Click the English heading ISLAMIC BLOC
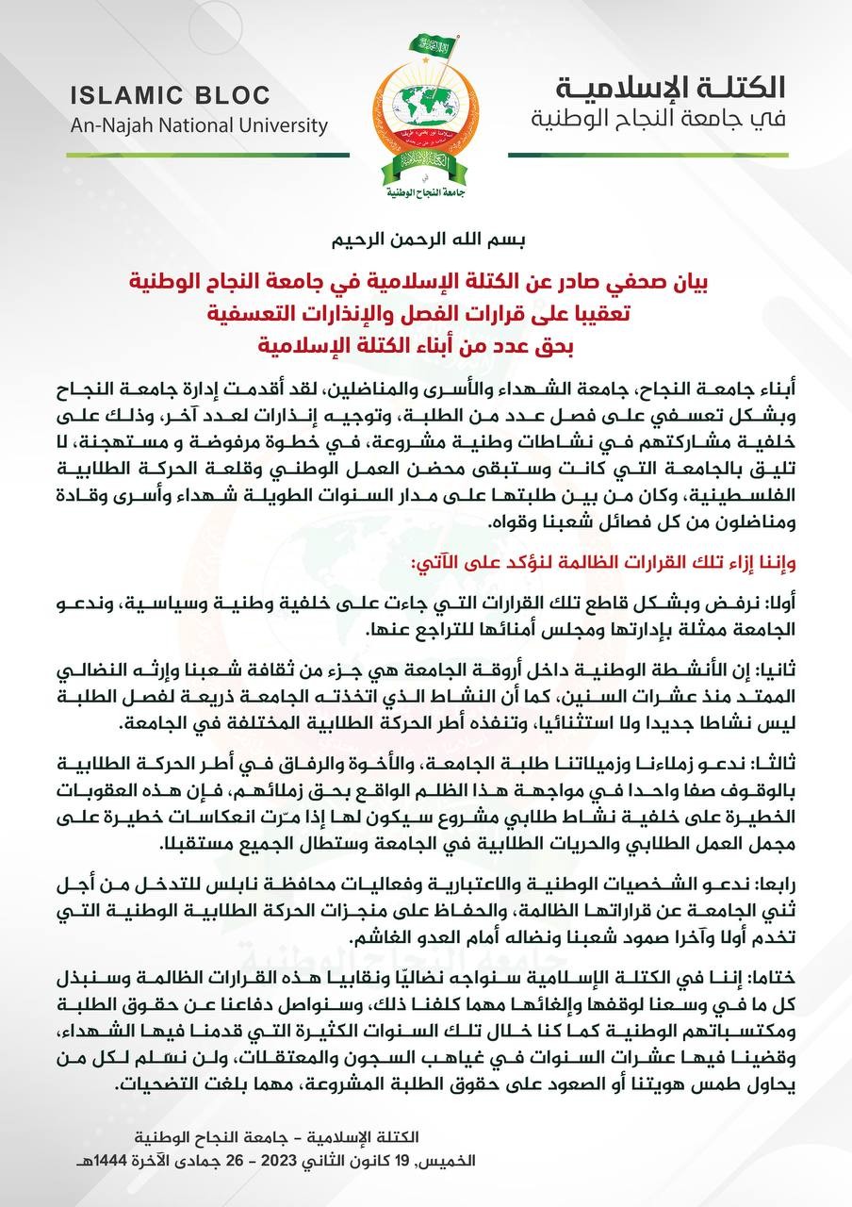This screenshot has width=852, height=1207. (170, 95)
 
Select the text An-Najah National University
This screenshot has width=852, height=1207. (198, 125)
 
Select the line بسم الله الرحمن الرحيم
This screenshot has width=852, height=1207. (426, 239)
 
